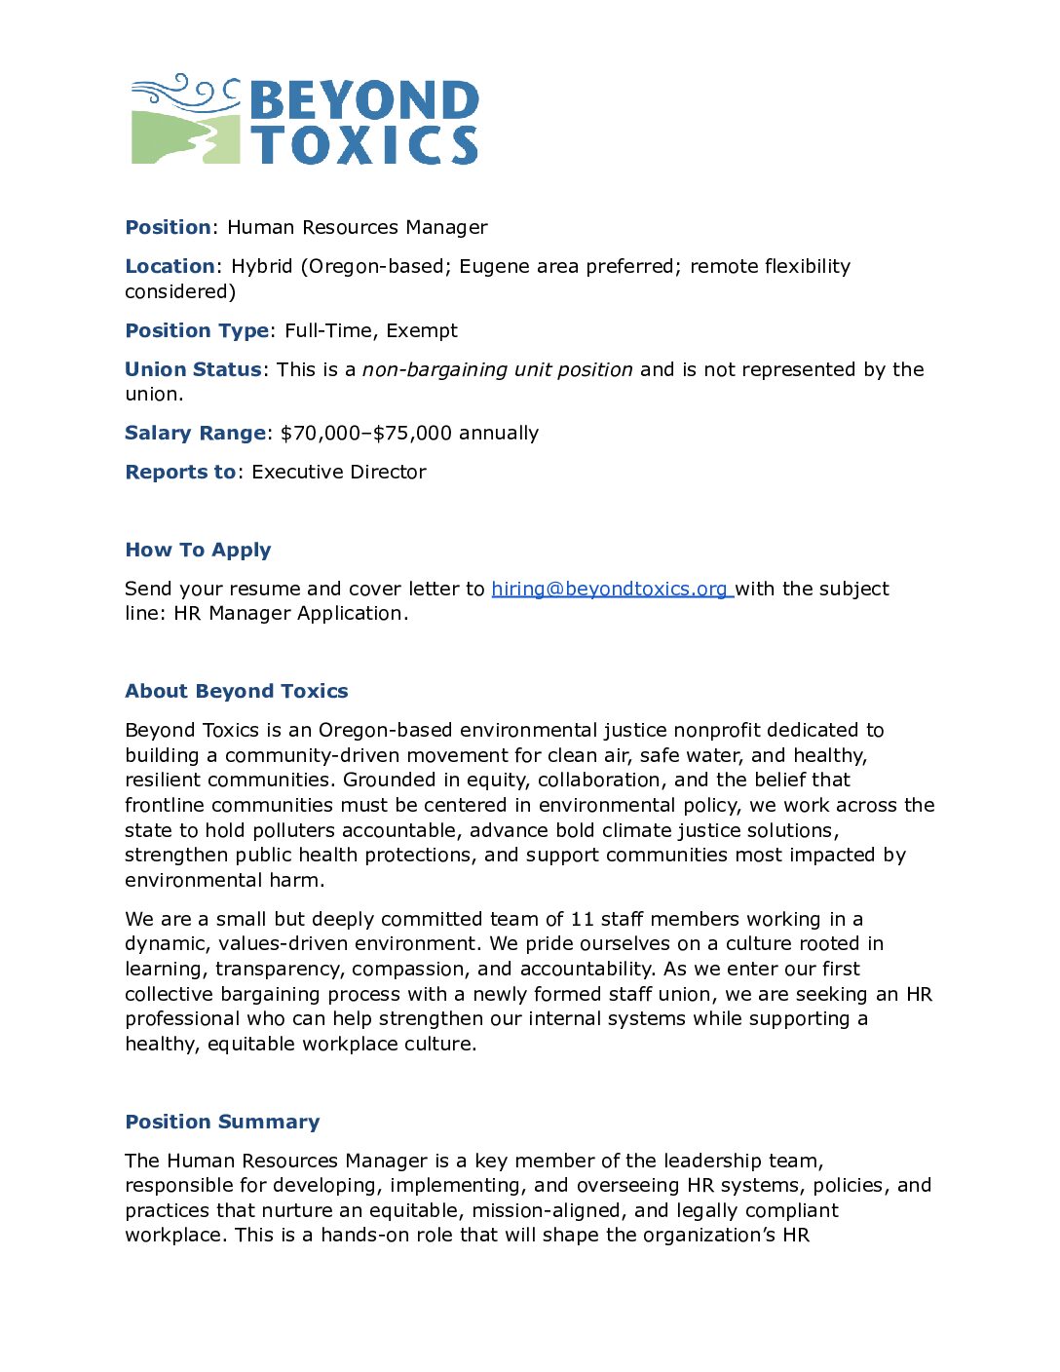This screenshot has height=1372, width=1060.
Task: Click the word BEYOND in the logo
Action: (x=364, y=100)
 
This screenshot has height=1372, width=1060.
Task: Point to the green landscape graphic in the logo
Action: (x=185, y=137)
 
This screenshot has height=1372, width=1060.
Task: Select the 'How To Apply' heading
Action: (x=198, y=550)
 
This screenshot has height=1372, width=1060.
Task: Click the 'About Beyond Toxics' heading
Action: (x=236, y=691)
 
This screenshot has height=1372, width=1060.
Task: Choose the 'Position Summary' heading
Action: (x=222, y=1122)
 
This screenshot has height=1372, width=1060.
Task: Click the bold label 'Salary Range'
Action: (x=195, y=433)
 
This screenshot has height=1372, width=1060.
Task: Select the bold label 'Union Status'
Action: (x=193, y=369)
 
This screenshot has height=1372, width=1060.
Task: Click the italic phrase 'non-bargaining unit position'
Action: (x=497, y=369)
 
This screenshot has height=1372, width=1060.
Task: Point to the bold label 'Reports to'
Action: (x=180, y=472)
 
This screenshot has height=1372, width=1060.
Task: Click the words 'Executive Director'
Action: (x=339, y=472)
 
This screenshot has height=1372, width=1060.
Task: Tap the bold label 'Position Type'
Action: (x=197, y=330)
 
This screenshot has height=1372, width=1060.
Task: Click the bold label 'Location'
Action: (x=170, y=266)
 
